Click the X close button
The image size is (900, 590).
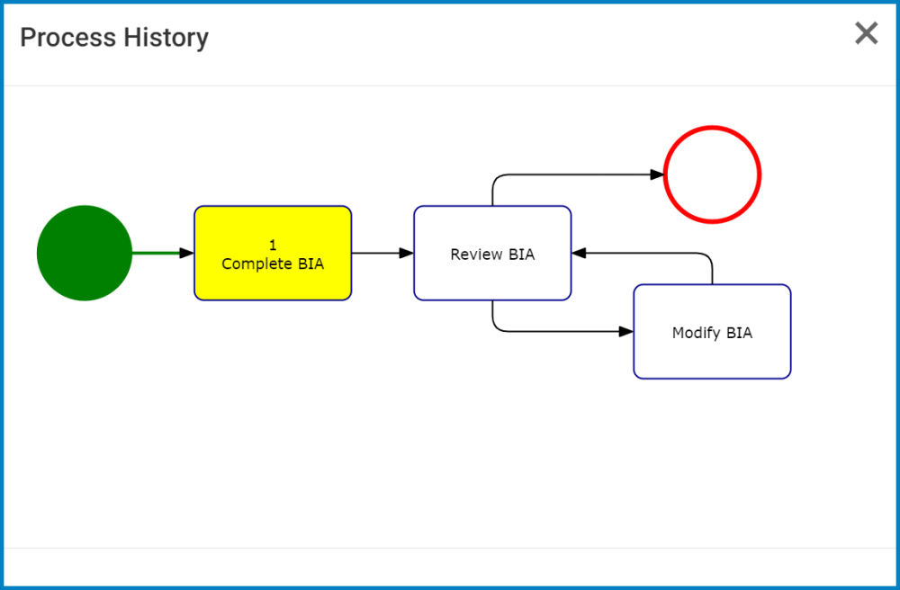pos(866,34)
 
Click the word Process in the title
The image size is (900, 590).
pos(68,38)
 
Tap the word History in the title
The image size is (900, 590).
pos(166,38)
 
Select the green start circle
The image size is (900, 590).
pos(85,253)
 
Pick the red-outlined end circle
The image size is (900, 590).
pos(712,174)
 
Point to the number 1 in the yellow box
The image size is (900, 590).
pos(273,246)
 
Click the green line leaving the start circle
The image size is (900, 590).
pos(157,254)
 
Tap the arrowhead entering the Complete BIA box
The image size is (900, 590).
pos(187,254)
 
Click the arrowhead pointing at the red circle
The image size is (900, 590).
pos(657,175)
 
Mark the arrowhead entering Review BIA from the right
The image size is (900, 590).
pos(579,254)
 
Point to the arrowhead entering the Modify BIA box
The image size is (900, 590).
pos(626,331)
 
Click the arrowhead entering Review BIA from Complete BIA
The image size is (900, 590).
pos(407,254)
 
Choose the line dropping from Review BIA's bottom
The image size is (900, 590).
pos(493,315)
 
